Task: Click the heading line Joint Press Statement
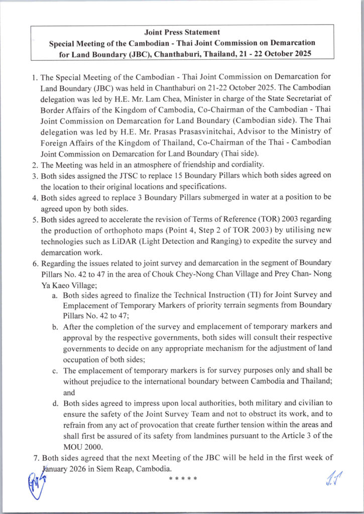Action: [182, 33]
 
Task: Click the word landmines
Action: [212, 436]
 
